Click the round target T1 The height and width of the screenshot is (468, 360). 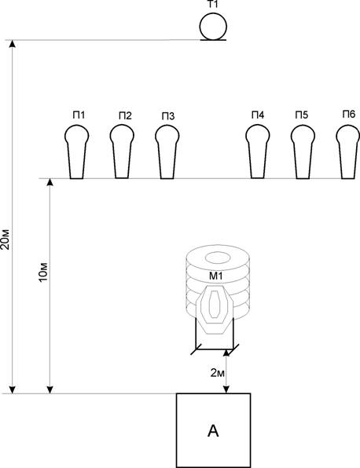coord(213,26)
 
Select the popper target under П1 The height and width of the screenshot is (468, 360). coord(77,152)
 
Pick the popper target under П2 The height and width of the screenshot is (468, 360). coord(122,152)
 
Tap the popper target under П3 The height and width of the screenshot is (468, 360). coord(167,152)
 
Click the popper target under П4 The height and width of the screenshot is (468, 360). coord(258,152)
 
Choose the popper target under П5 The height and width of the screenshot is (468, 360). coord(303,152)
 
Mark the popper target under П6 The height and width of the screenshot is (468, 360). coord(348,152)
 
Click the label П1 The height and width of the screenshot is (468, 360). coord(79,115)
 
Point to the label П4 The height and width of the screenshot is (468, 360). coord(258,115)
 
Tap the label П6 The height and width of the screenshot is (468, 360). coord(349,114)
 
